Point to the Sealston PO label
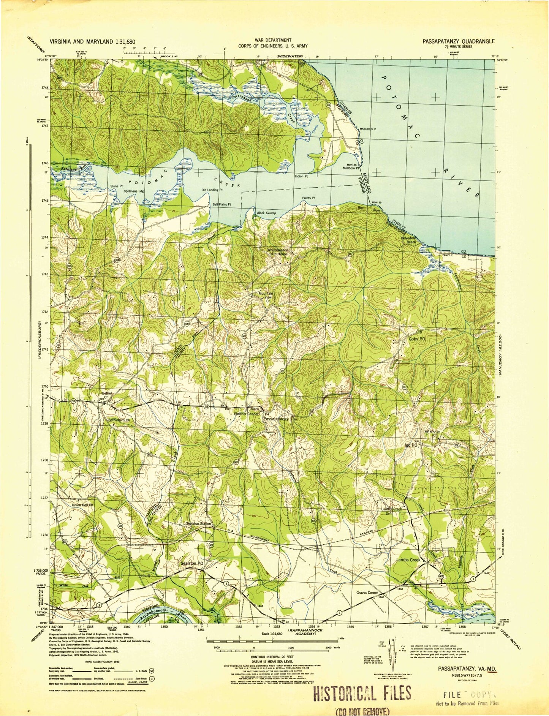tap(193, 563)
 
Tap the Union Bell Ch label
tap(82, 505)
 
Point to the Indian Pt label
tap(301, 177)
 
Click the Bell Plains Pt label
tap(221, 204)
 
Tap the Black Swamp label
tap(266, 213)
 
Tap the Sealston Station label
tap(198, 524)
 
